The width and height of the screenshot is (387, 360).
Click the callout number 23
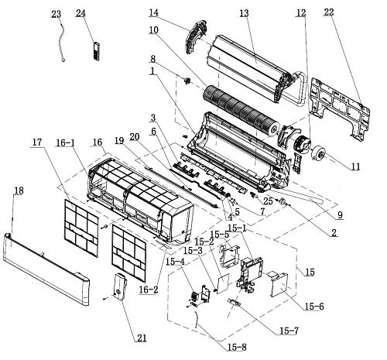[56, 14]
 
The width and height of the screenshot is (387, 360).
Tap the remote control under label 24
[96, 51]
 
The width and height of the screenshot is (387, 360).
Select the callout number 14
[153, 12]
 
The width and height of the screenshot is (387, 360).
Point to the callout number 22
[329, 12]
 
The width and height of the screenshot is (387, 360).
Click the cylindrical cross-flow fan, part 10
[241, 111]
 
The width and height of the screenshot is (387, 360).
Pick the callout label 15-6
[314, 307]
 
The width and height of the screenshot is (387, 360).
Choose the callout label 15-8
[237, 347]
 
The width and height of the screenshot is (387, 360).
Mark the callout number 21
[142, 338]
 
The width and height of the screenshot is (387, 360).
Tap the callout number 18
[19, 190]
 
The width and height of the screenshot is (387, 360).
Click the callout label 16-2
[149, 290]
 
